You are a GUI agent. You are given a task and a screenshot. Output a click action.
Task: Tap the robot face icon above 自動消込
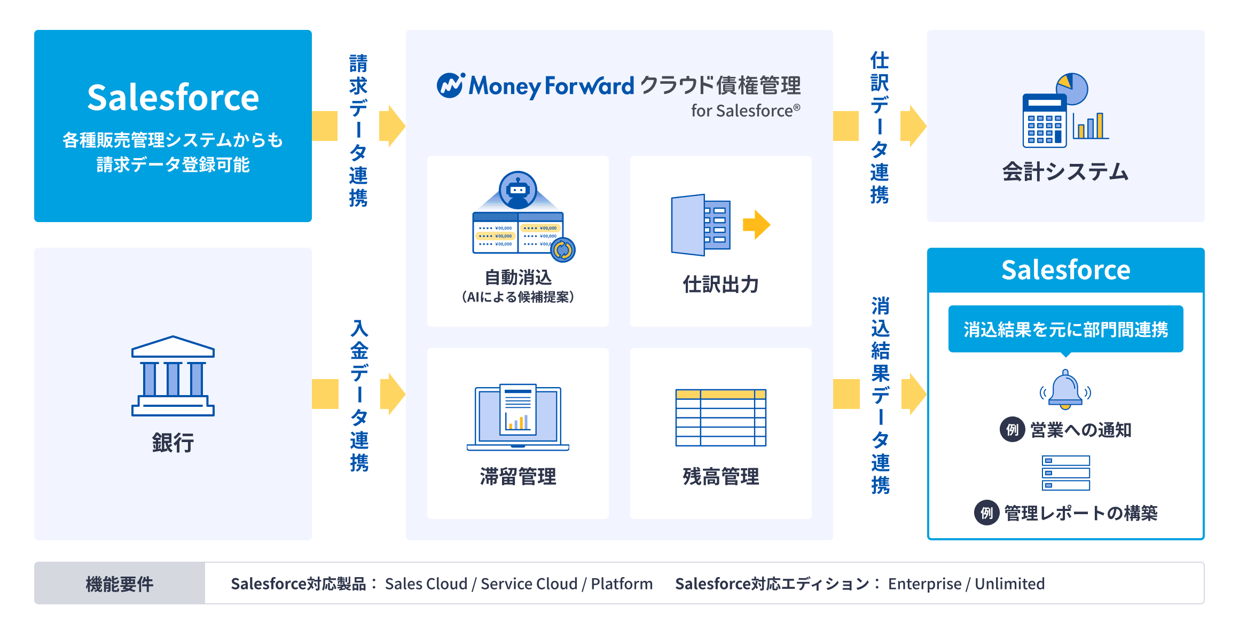click(x=517, y=190)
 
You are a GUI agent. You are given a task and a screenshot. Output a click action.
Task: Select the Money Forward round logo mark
click(x=450, y=85)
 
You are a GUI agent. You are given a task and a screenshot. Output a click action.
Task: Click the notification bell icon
click(x=1065, y=390)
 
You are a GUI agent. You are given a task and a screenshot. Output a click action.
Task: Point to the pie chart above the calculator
click(x=1072, y=88)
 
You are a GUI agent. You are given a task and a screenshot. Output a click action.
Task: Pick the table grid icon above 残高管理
click(x=720, y=418)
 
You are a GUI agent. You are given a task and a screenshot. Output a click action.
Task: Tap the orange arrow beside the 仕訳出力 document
click(x=757, y=224)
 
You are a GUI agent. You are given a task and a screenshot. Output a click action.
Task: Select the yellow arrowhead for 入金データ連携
click(x=393, y=394)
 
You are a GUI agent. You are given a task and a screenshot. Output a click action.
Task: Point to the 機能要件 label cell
click(x=120, y=584)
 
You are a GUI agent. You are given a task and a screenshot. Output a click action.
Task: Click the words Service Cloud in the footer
click(x=529, y=584)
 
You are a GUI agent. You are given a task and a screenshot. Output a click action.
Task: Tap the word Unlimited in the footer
click(x=1009, y=584)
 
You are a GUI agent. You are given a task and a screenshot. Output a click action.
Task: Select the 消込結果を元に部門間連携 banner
click(x=1065, y=329)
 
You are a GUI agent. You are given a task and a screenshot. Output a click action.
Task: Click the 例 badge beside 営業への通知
click(x=1012, y=429)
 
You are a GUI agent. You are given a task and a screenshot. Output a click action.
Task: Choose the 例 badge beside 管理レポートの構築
click(x=986, y=513)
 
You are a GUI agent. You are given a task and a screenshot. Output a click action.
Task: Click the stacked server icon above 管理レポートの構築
click(x=1065, y=472)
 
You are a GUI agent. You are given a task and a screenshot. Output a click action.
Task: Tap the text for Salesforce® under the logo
click(x=746, y=111)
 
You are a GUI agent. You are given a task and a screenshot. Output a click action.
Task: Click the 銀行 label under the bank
click(x=172, y=443)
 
